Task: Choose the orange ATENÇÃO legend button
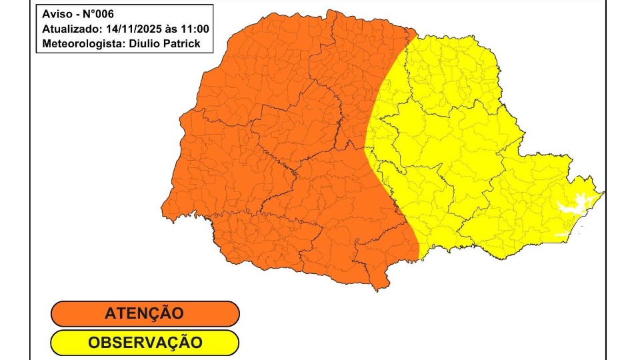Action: click(x=145, y=313)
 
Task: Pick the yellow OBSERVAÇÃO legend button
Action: click(x=145, y=343)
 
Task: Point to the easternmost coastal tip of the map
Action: click(x=605, y=193)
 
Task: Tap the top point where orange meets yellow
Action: click(x=416, y=30)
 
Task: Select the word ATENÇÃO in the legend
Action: click(x=145, y=313)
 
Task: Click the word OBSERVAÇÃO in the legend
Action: click(x=145, y=343)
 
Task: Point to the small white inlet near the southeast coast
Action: click(x=563, y=235)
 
